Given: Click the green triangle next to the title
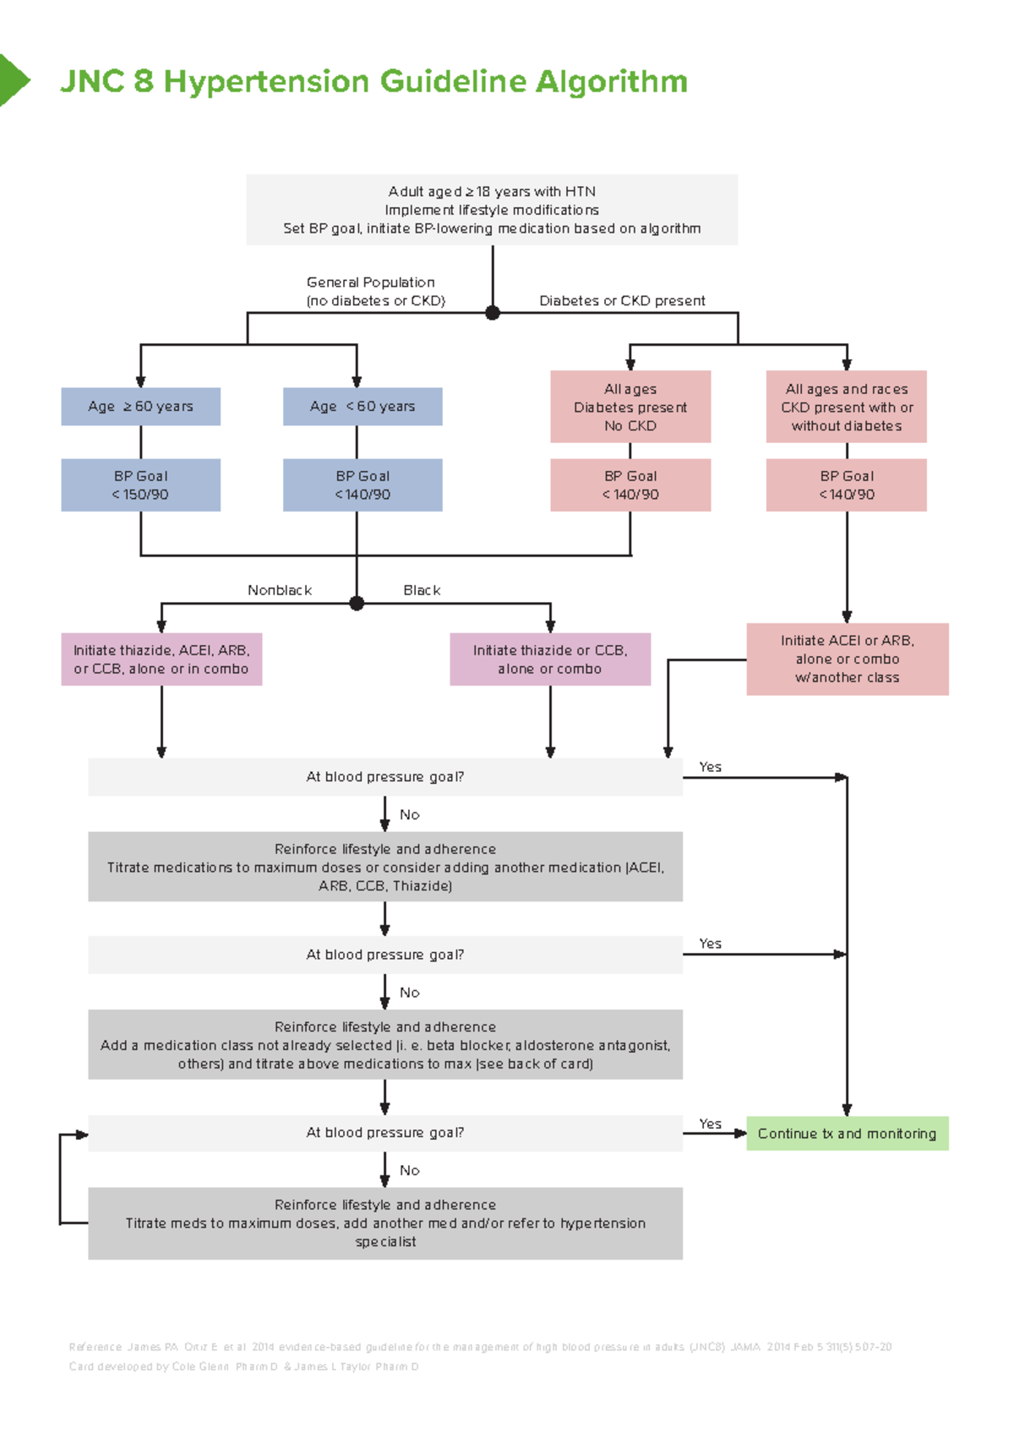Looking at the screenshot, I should (x=13, y=80).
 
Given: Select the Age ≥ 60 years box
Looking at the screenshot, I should (x=140, y=407).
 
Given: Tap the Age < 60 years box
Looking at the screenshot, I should (x=363, y=407).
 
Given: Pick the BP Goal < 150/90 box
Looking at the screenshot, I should (x=140, y=485).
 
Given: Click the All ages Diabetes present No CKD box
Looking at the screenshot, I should (x=630, y=407).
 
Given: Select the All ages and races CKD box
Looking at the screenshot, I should (x=847, y=407).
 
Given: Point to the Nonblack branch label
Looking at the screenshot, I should (x=280, y=590).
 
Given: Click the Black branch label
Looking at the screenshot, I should (x=422, y=590).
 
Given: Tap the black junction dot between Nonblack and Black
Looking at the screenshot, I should (x=357, y=604).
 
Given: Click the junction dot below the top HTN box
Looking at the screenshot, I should (x=493, y=313).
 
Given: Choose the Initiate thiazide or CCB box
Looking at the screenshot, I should (x=550, y=660).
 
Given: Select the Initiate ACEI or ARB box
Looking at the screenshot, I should (x=848, y=660).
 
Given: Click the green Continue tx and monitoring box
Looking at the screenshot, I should (x=848, y=1134).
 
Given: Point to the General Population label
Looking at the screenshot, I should (x=371, y=282).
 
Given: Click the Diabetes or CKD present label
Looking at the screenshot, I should (x=622, y=301).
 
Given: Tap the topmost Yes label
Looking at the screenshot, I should (x=710, y=767).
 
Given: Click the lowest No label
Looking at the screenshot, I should (x=410, y=1171).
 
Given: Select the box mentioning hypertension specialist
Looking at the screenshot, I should (x=385, y=1223).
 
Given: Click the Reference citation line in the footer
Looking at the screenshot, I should (x=480, y=1347).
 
